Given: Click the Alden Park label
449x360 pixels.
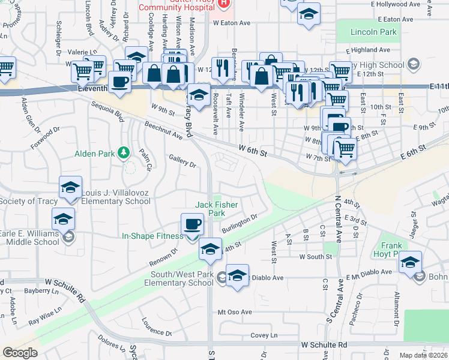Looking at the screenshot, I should (x=94, y=154).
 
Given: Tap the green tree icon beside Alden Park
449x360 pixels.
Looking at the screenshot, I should (x=124, y=153).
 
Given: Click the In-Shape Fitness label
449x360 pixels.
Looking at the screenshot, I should (x=152, y=236).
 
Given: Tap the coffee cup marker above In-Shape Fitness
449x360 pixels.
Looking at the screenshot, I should (x=192, y=224).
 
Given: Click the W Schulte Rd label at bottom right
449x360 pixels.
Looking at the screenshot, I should (x=325, y=345).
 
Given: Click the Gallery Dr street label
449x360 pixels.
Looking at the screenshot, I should (x=182, y=160).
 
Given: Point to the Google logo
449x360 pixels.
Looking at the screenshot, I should (x=20, y=353).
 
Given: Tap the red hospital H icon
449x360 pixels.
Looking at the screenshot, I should (x=224, y=2).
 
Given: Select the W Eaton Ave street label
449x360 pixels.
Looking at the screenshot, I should (x=231, y=23).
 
